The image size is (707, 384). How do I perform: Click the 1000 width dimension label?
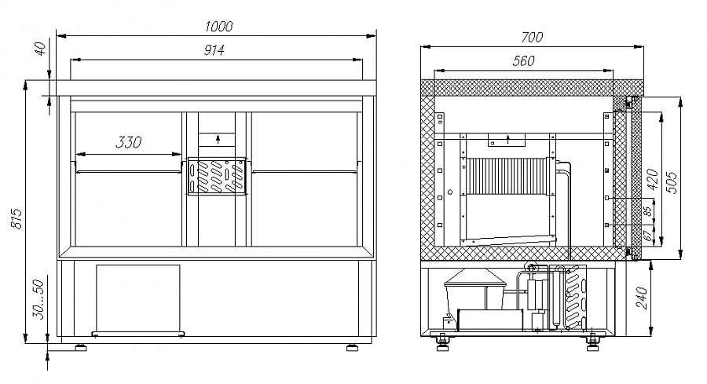click(218, 27)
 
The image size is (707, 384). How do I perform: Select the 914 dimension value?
click(214, 50)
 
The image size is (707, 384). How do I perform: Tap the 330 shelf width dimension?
click(129, 142)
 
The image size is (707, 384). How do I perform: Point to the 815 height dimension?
click(16, 218)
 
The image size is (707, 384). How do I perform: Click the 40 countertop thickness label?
click(41, 48)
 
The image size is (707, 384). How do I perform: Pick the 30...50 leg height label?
click(40, 299)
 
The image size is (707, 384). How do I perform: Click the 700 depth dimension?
click(532, 37)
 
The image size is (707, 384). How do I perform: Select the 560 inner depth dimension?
click(523, 60)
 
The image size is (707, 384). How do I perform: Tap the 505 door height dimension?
click(672, 182)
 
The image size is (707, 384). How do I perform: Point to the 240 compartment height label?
click(642, 298)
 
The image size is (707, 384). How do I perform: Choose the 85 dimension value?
click(648, 212)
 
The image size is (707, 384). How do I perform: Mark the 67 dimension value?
click(648, 236)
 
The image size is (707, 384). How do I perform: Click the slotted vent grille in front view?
click(217, 176)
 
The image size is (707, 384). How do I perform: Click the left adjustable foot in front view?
click(81, 348)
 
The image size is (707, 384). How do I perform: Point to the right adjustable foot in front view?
click(352, 348)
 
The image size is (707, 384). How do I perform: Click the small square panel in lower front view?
click(138, 298)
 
